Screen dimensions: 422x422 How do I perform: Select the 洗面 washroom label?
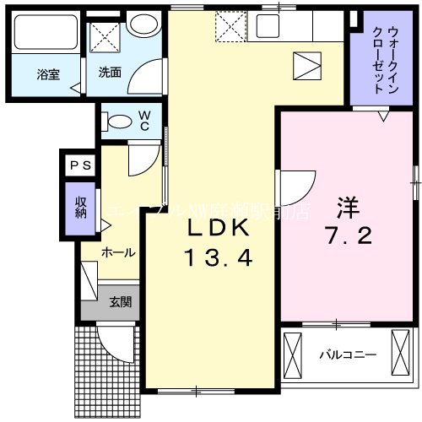[110, 73]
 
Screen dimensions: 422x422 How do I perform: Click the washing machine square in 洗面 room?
[106, 35]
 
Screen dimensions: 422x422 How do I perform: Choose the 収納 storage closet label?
[80, 206]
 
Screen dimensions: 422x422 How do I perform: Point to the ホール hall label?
[118, 252]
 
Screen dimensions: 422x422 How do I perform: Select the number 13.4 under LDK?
[217, 257]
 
